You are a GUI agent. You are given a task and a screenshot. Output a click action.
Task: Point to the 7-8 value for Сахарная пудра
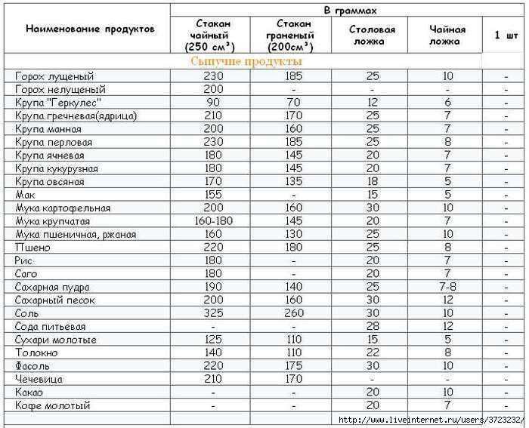pyautogui.click(x=448, y=288)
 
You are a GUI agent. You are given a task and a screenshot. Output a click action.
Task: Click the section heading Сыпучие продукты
pyautogui.click(x=246, y=61)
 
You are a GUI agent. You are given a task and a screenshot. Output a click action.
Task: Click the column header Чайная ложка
pyautogui.click(x=448, y=35)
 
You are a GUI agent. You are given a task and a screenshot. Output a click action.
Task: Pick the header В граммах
pyautogui.click(x=349, y=11)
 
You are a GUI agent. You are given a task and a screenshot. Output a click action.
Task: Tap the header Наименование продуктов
pyautogui.click(x=90, y=29)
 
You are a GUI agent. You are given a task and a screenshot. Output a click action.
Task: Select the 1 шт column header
pyautogui.click(x=506, y=35)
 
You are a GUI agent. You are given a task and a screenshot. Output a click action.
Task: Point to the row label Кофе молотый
pyautogui.click(x=52, y=406)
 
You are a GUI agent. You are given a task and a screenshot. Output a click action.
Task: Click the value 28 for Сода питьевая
pyautogui.click(x=373, y=327)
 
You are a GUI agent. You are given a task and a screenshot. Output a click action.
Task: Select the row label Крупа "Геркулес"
pyautogui.click(x=58, y=103)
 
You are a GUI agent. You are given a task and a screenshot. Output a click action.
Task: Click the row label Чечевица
pyautogui.click(x=39, y=380)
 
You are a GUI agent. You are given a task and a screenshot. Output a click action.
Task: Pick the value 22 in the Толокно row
pyautogui.click(x=373, y=353)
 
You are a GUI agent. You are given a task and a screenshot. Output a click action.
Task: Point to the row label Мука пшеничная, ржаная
pyautogui.click(x=76, y=235)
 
